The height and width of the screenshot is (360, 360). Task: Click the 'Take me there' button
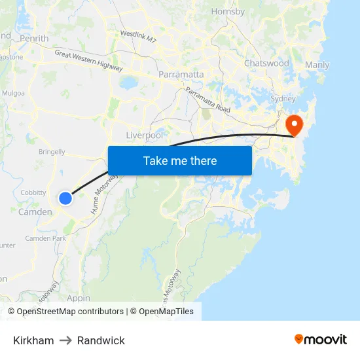coord(180,160)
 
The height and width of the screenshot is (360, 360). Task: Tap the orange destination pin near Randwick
coord(294,124)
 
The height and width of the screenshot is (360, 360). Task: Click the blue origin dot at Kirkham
coord(65,198)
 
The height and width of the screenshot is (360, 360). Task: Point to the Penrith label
coord(34,39)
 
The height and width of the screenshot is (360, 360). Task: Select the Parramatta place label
coord(181,75)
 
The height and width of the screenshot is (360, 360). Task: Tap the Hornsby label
coord(228,11)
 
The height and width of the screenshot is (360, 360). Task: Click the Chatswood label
coord(266,63)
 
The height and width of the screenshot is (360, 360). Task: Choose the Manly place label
coord(317,65)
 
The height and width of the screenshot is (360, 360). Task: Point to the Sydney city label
coord(283,98)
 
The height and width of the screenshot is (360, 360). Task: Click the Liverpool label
coord(144,135)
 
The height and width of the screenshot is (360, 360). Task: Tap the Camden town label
coord(35,212)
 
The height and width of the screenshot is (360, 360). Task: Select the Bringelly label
coord(52,152)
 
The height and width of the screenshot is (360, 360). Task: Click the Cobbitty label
coord(33,192)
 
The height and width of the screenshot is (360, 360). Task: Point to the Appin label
coord(79,298)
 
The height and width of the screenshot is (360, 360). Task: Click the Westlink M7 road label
coord(139,36)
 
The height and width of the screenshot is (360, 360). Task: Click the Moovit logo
coord(321,340)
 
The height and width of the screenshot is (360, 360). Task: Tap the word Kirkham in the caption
coord(33,340)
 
